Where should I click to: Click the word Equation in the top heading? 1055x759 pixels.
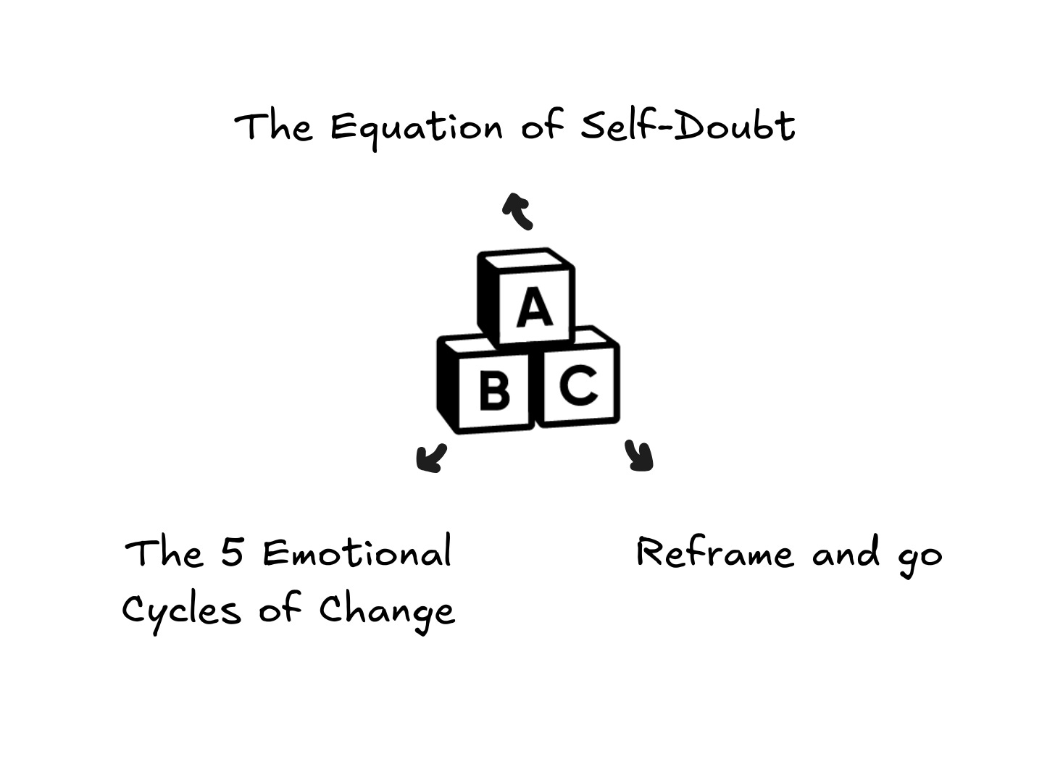pos(416,127)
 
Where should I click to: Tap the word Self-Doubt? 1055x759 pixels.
pos(688,126)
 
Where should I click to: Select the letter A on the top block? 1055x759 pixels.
pos(534,307)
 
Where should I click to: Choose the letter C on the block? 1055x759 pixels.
pos(579,385)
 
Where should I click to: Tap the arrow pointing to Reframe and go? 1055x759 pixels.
pos(640,456)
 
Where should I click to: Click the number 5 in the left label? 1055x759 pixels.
pos(232,553)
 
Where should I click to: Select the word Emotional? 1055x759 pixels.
pos(356,553)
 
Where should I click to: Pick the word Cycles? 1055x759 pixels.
pos(181,610)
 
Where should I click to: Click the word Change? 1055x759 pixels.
pos(387,610)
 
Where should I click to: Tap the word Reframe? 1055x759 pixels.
pos(714,553)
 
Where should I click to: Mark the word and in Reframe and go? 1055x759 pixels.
pos(846,553)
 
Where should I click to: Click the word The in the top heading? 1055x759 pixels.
pos(274,127)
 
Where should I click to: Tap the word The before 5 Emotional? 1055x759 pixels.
pos(164,553)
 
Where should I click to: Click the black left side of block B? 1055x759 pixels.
pos(448,384)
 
